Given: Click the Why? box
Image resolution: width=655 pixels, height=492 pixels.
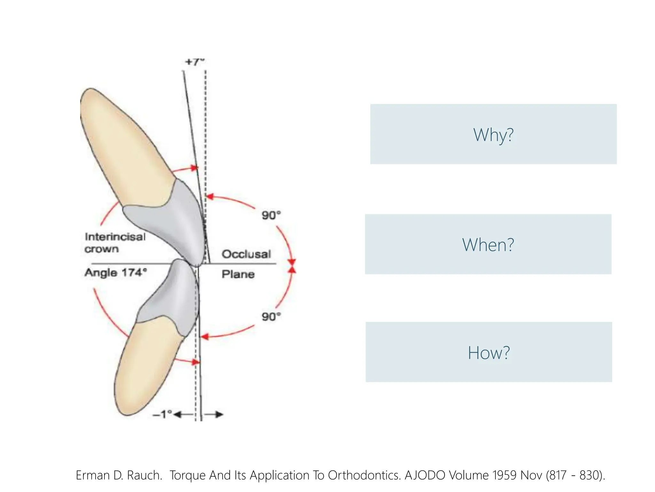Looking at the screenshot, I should click(x=493, y=134).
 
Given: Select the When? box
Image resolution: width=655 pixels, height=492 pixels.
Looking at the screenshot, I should click(x=488, y=244).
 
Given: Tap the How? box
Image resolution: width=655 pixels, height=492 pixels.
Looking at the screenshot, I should click(x=489, y=352).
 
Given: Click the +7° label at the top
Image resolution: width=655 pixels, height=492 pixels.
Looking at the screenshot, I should click(x=194, y=62).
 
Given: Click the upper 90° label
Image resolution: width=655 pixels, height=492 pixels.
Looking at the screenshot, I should click(x=271, y=215).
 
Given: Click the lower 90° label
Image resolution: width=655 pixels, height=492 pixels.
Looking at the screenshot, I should click(x=271, y=316).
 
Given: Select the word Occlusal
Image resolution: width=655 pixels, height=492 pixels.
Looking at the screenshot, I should click(x=246, y=254).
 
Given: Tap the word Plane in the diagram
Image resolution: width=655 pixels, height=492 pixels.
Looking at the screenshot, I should click(x=238, y=274).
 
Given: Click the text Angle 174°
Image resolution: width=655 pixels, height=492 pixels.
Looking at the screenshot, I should click(x=116, y=273).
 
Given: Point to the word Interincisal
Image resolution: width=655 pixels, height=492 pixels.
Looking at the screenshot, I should click(x=115, y=237).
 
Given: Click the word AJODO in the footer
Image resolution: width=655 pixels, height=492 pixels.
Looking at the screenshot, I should click(x=425, y=475).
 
